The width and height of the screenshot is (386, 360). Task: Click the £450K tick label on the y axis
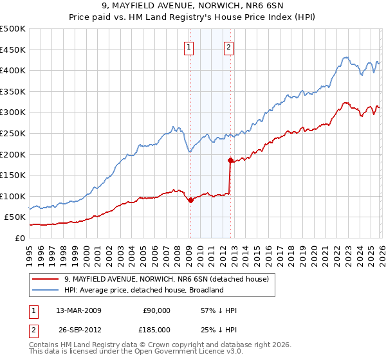pos(13,50)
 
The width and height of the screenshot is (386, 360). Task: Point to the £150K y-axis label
pos(13,175)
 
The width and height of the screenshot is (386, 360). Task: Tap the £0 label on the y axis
pos(20,238)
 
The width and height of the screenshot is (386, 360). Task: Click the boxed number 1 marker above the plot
pos(189,46)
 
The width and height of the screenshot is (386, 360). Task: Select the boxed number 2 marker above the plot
pos(228,46)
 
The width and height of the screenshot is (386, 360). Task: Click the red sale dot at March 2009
pos(190,201)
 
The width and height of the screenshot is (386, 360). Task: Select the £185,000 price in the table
pos(156,328)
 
